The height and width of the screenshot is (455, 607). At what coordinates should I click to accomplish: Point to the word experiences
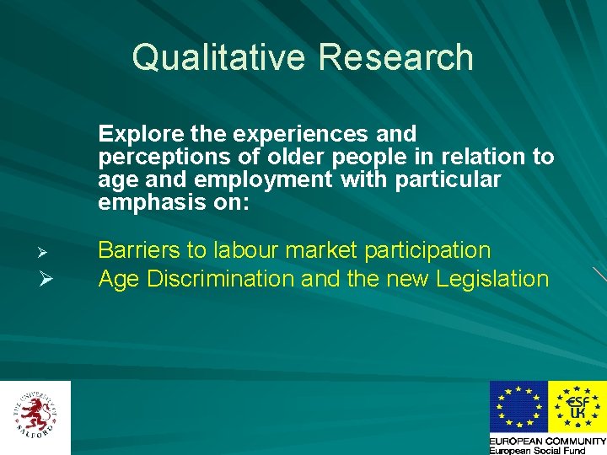coord(293,134)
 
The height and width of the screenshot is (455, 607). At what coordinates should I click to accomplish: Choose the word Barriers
coord(141,250)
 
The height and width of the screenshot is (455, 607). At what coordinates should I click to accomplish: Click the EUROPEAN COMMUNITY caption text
coord(548,441)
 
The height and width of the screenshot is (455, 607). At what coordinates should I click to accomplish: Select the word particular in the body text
coord(446,179)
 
